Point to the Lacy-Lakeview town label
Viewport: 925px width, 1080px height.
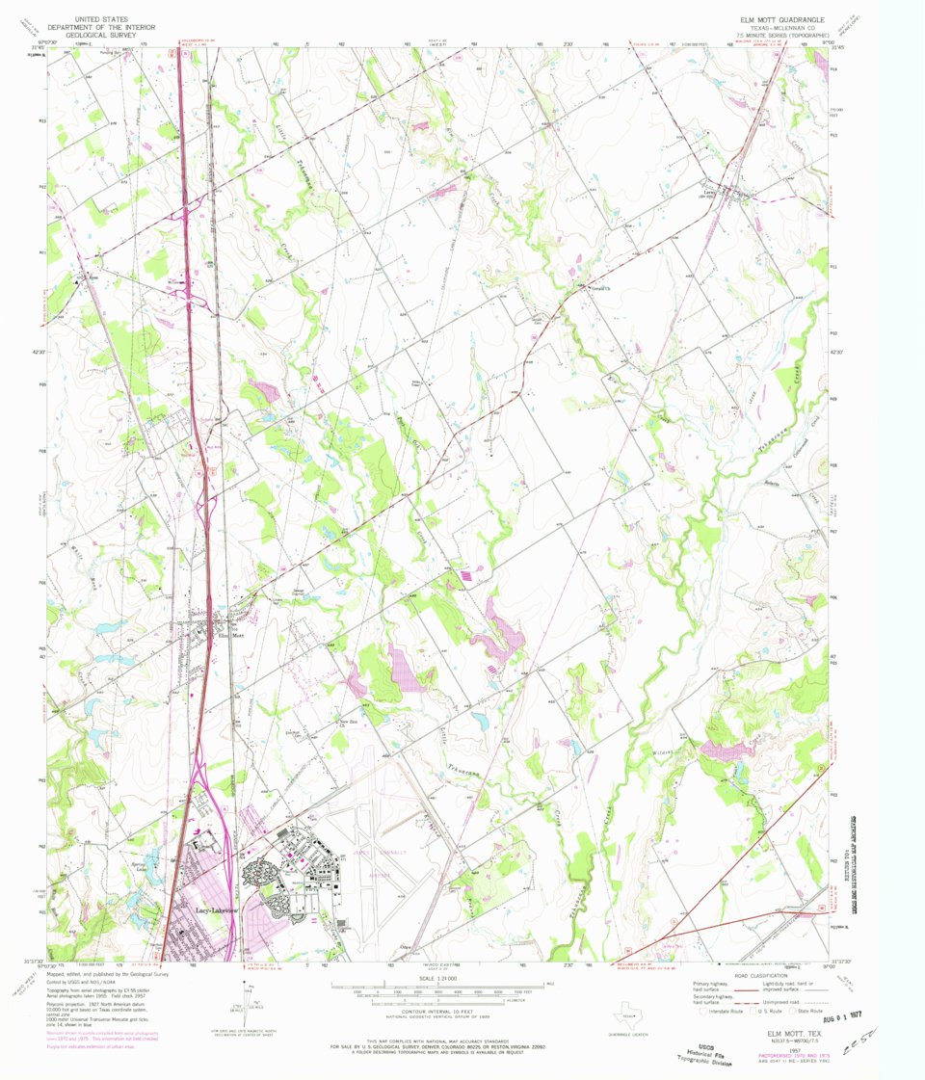[x=216, y=909]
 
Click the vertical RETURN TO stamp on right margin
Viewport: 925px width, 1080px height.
[x=854, y=848]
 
